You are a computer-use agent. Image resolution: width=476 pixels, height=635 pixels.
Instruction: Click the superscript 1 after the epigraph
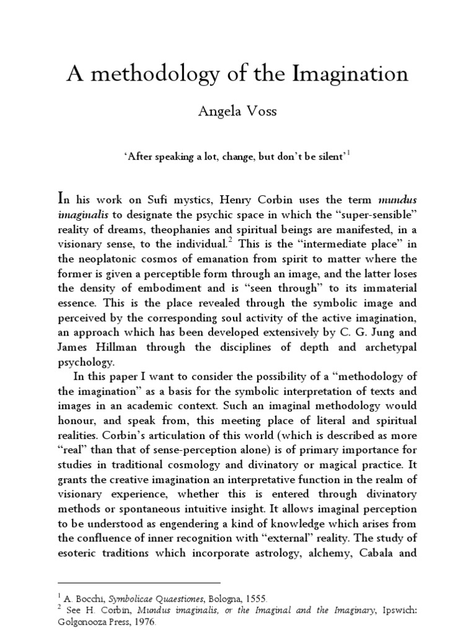pyautogui.click(x=348, y=154)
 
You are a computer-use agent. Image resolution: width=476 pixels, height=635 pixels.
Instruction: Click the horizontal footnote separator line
pyautogui.click(x=139, y=583)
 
